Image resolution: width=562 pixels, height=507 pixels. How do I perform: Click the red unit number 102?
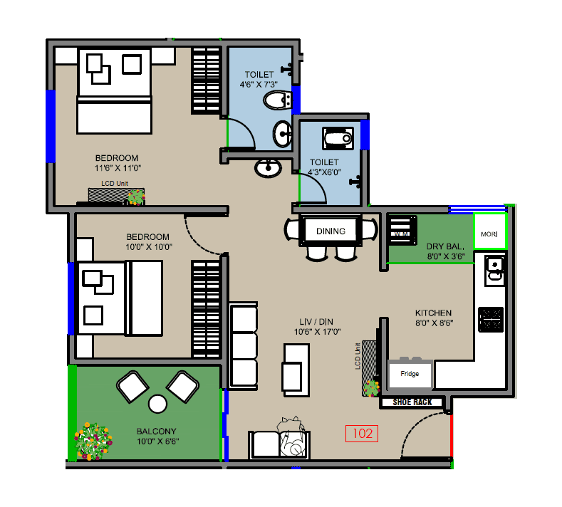coord(362,433)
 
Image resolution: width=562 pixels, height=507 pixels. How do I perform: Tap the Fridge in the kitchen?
coord(410,374)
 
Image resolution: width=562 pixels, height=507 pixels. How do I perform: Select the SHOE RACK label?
coord(412,402)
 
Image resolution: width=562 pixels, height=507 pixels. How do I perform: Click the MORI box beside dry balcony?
coord(489,233)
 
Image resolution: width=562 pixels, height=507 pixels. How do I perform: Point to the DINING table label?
coord(331,231)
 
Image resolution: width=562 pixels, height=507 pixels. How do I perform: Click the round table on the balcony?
coord(157,404)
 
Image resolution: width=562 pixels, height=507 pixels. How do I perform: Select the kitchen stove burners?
coord(491,318)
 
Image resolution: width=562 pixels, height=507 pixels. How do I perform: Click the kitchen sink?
coord(494,268)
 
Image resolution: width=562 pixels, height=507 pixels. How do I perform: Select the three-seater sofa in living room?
coord(244,345)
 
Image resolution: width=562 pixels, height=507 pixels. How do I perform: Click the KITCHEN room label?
coord(434,313)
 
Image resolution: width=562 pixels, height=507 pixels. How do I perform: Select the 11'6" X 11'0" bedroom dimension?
coord(118,169)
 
